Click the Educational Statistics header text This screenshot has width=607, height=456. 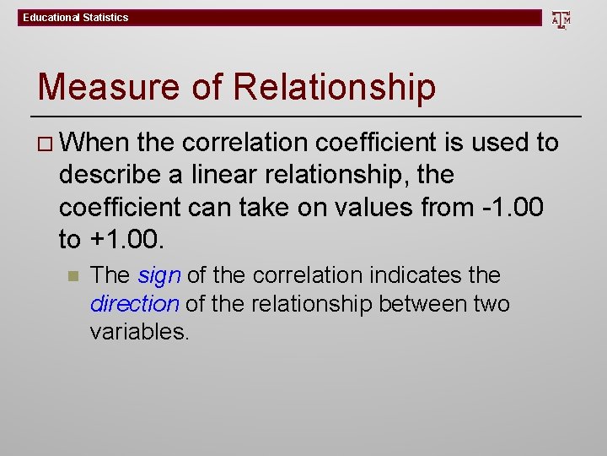pos(76,18)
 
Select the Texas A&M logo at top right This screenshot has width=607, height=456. pos(561,19)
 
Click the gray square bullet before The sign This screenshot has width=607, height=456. pos(73,276)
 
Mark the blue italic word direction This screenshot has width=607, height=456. pos(135,303)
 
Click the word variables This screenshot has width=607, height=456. pos(140,331)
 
